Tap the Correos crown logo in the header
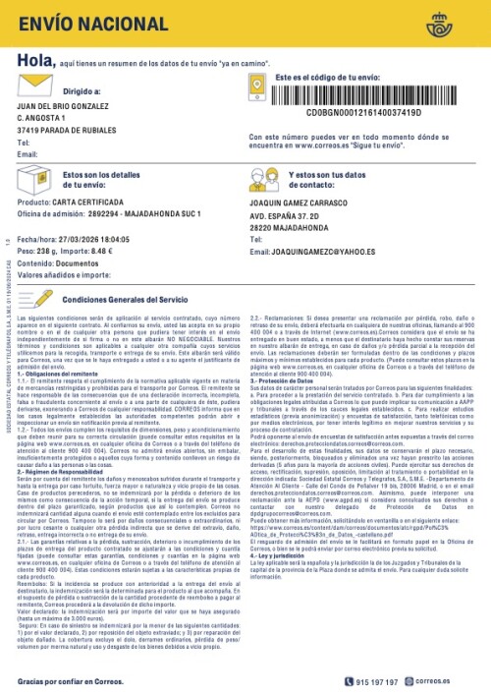[x=462, y=20]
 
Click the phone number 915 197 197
[x=405, y=680]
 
